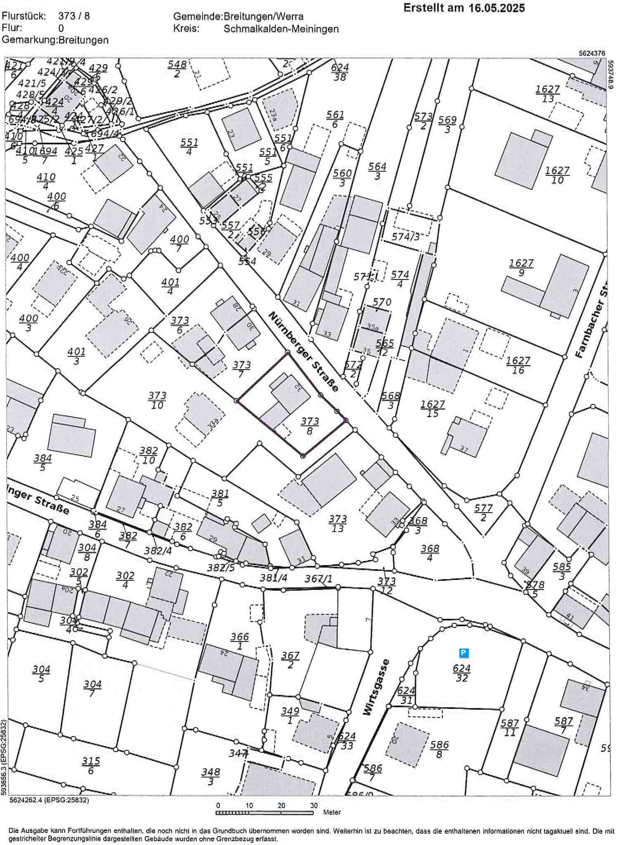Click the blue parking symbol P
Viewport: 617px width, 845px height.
click(x=463, y=653)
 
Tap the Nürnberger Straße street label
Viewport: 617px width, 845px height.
click(x=304, y=352)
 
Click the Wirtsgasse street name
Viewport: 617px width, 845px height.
click(x=377, y=687)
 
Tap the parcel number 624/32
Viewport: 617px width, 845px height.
click(x=462, y=673)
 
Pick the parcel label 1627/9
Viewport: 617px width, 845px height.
click(x=521, y=268)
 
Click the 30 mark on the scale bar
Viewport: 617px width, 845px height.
click(x=313, y=805)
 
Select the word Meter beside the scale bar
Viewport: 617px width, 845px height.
click(x=332, y=812)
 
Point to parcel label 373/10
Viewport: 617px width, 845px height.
click(x=157, y=400)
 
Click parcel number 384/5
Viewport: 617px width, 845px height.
click(x=42, y=462)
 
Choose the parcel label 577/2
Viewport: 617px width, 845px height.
click(x=483, y=512)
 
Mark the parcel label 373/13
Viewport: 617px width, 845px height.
click(x=338, y=523)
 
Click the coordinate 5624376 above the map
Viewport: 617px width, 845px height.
click(x=592, y=53)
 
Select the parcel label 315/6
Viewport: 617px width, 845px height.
click(x=91, y=765)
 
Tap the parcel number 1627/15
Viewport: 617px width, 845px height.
click(x=433, y=409)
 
